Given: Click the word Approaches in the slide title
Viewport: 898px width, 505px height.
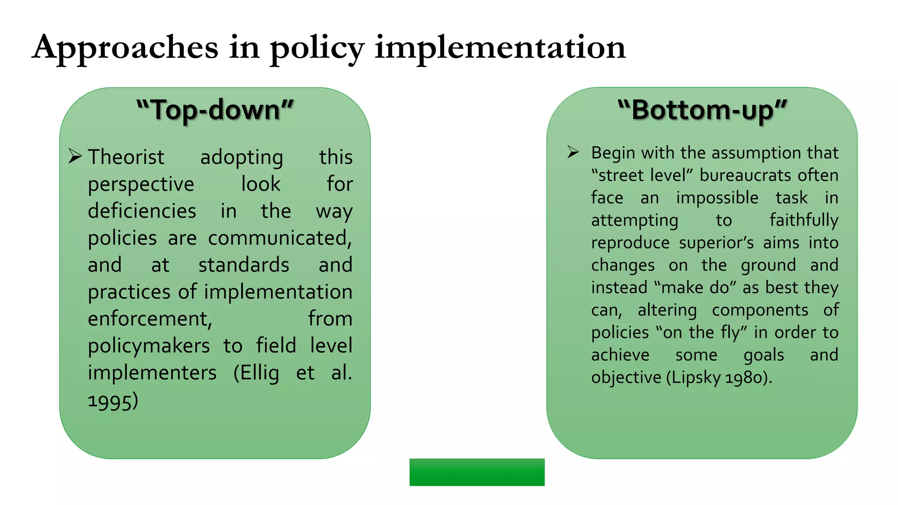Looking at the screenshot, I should click(x=125, y=47).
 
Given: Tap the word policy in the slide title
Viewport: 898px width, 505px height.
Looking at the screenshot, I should click(x=317, y=48).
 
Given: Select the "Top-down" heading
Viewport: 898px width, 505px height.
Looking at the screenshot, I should click(x=215, y=110).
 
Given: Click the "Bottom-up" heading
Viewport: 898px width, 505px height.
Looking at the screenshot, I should click(x=702, y=110).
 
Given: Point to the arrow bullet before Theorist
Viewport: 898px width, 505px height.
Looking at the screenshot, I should click(x=75, y=156).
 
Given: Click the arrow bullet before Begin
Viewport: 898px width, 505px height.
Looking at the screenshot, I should click(x=573, y=152).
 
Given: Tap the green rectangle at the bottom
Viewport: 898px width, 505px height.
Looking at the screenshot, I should click(x=477, y=472).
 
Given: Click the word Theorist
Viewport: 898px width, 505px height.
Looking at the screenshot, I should click(x=126, y=157).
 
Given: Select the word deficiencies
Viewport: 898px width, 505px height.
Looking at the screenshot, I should click(x=142, y=211).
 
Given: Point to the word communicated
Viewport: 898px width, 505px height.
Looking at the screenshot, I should click(x=280, y=238).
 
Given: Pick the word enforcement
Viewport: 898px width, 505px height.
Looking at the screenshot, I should click(x=150, y=319).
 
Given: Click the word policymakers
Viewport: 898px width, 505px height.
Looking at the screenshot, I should click(x=149, y=346).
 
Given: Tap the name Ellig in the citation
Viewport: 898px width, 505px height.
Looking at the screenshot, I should click(x=256, y=373).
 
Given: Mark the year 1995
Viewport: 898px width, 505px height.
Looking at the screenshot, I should click(x=113, y=401).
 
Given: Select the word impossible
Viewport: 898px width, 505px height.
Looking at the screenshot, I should click(x=717, y=198).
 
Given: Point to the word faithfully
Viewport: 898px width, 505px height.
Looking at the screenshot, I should click(x=804, y=220).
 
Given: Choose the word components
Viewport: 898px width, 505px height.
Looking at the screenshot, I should click(x=760, y=310).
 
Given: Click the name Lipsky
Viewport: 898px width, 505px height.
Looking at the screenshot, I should click(x=696, y=377).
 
